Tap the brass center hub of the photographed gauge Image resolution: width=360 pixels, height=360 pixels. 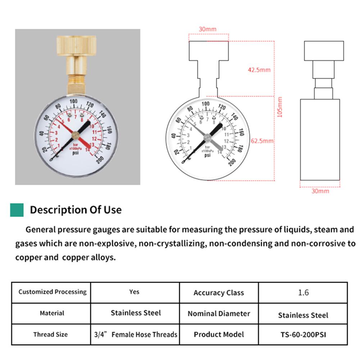pyautogui.click(x=76, y=135)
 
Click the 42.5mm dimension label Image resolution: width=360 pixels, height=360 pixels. pyautogui.click(x=259, y=70)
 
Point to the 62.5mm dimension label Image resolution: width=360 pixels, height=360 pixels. pyautogui.click(x=262, y=141)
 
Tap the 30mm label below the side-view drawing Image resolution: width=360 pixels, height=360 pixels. pyautogui.click(x=320, y=191)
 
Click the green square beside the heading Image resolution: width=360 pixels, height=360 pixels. pyautogui.click(x=17, y=210)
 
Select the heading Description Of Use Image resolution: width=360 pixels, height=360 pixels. pyautogui.click(x=76, y=210)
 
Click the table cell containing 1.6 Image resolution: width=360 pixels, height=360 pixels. pyautogui.click(x=303, y=292)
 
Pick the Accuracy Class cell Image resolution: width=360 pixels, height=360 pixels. pyautogui.click(x=219, y=293)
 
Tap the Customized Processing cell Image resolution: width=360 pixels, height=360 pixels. pyautogui.click(x=53, y=292)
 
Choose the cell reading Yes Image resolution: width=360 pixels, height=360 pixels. pyautogui.click(x=135, y=292)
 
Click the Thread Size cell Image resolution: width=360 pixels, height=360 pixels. pyautogui.click(x=50, y=334)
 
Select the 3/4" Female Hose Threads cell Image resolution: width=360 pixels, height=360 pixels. pyautogui.click(x=135, y=334)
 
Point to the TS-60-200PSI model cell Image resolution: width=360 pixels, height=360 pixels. pyautogui.click(x=303, y=334)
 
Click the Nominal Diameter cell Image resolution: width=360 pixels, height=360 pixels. pyautogui.click(x=219, y=314)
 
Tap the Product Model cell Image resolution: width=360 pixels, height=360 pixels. pyautogui.click(x=219, y=334)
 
